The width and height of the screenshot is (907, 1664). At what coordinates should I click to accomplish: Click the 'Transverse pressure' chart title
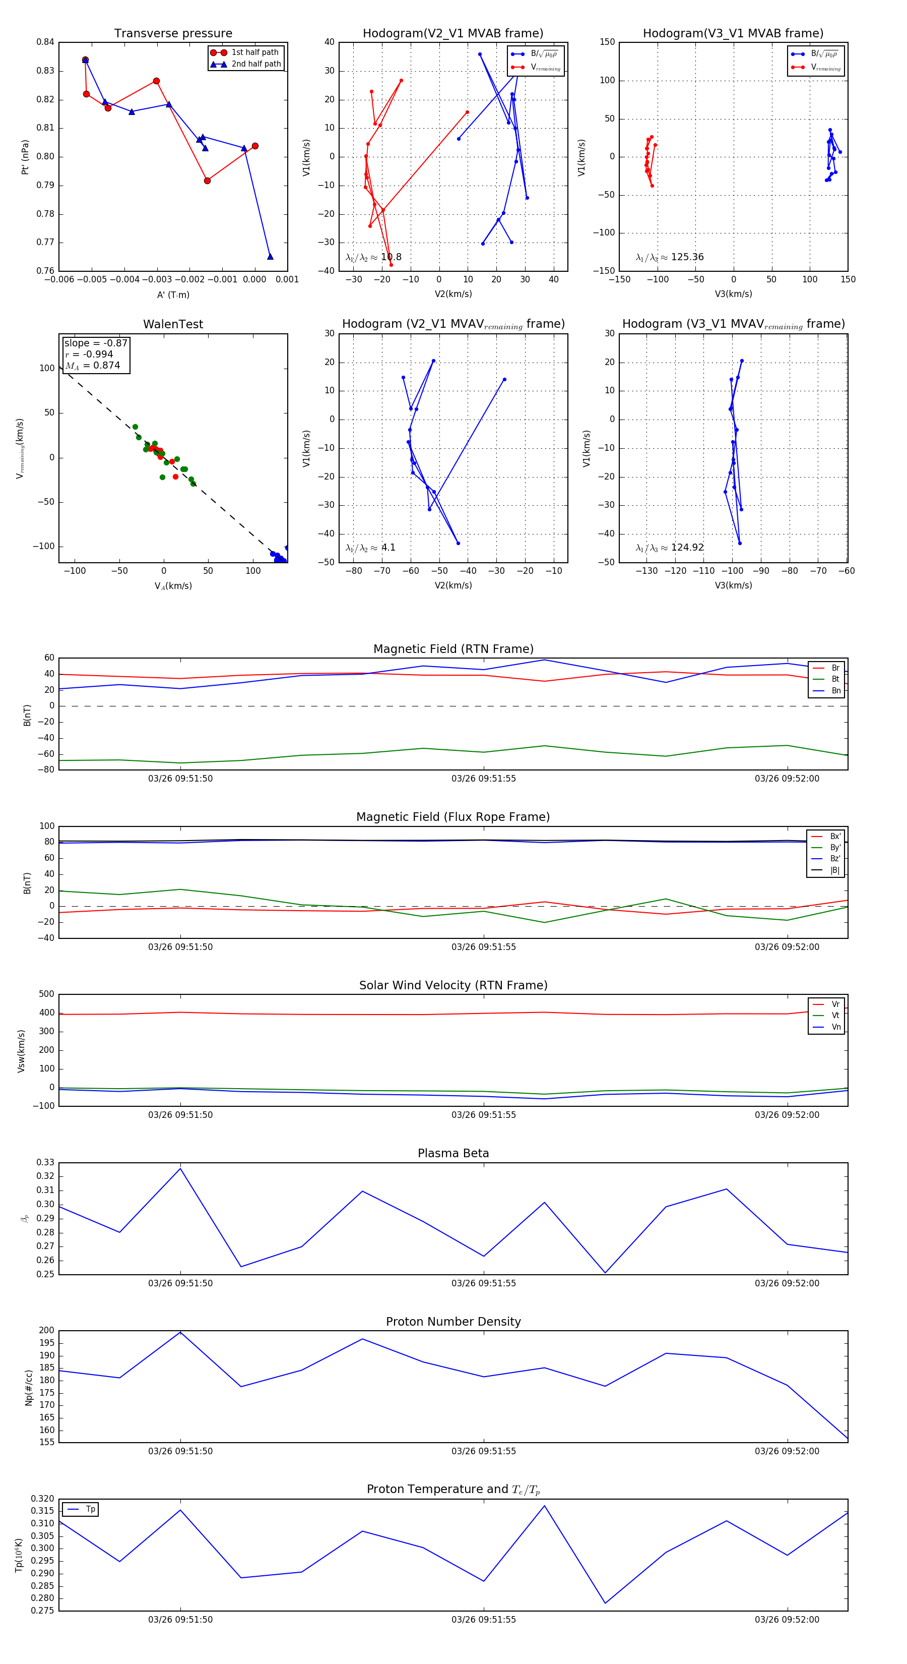(x=173, y=34)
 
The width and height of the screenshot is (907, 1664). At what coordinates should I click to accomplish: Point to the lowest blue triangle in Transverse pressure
(x=270, y=257)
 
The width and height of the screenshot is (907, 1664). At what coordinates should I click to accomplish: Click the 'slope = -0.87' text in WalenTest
(x=96, y=343)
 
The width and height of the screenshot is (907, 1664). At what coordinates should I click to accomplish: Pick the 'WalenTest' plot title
(x=173, y=324)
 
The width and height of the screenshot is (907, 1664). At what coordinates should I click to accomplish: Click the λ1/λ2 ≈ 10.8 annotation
(x=373, y=257)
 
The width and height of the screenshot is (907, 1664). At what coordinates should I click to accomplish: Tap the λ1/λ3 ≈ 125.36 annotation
(x=670, y=257)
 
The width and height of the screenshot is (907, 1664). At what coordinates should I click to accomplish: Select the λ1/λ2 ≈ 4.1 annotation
(x=370, y=548)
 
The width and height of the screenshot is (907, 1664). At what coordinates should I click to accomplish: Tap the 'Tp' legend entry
(x=90, y=1510)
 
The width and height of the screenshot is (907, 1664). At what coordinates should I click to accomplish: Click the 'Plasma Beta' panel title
(x=453, y=1154)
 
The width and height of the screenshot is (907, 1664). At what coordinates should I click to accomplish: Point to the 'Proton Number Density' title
(x=453, y=1322)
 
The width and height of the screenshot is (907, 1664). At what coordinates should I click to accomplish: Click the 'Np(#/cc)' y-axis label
(x=28, y=1388)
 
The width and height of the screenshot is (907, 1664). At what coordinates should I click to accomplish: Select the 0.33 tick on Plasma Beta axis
(x=45, y=1163)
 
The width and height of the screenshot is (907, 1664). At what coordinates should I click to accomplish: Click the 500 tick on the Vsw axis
(x=47, y=994)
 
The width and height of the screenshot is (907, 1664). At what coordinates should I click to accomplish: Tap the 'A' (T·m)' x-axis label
(x=173, y=294)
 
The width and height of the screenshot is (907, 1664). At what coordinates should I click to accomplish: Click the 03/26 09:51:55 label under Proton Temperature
(x=484, y=1620)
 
